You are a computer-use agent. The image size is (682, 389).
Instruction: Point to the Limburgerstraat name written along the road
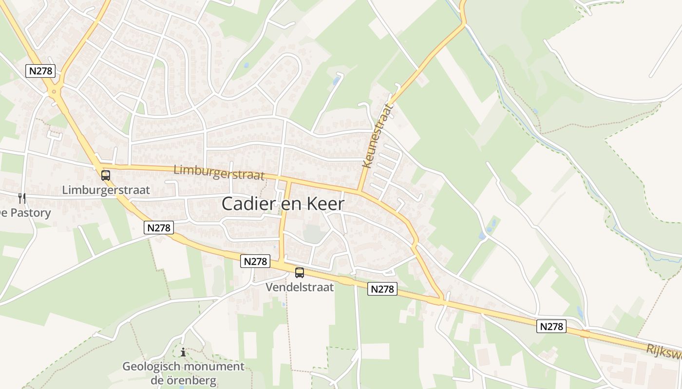(219, 172)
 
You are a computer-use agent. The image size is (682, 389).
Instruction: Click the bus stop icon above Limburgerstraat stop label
(106, 176)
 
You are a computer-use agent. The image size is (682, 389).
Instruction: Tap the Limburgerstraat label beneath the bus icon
(106, 190)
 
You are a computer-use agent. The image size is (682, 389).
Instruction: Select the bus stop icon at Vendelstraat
(300, 273)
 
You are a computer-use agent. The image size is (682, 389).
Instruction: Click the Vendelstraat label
(300, 287)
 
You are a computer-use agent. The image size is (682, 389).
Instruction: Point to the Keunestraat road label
(378, 135)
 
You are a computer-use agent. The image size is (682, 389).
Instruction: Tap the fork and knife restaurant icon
(22, 198)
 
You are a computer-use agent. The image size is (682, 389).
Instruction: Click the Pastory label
(30, 213)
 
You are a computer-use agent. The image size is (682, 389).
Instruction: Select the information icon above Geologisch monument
(183, 352)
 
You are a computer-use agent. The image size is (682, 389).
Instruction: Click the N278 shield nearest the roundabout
(41, 71)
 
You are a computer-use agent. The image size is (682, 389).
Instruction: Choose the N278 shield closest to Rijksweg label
(552, 326)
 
